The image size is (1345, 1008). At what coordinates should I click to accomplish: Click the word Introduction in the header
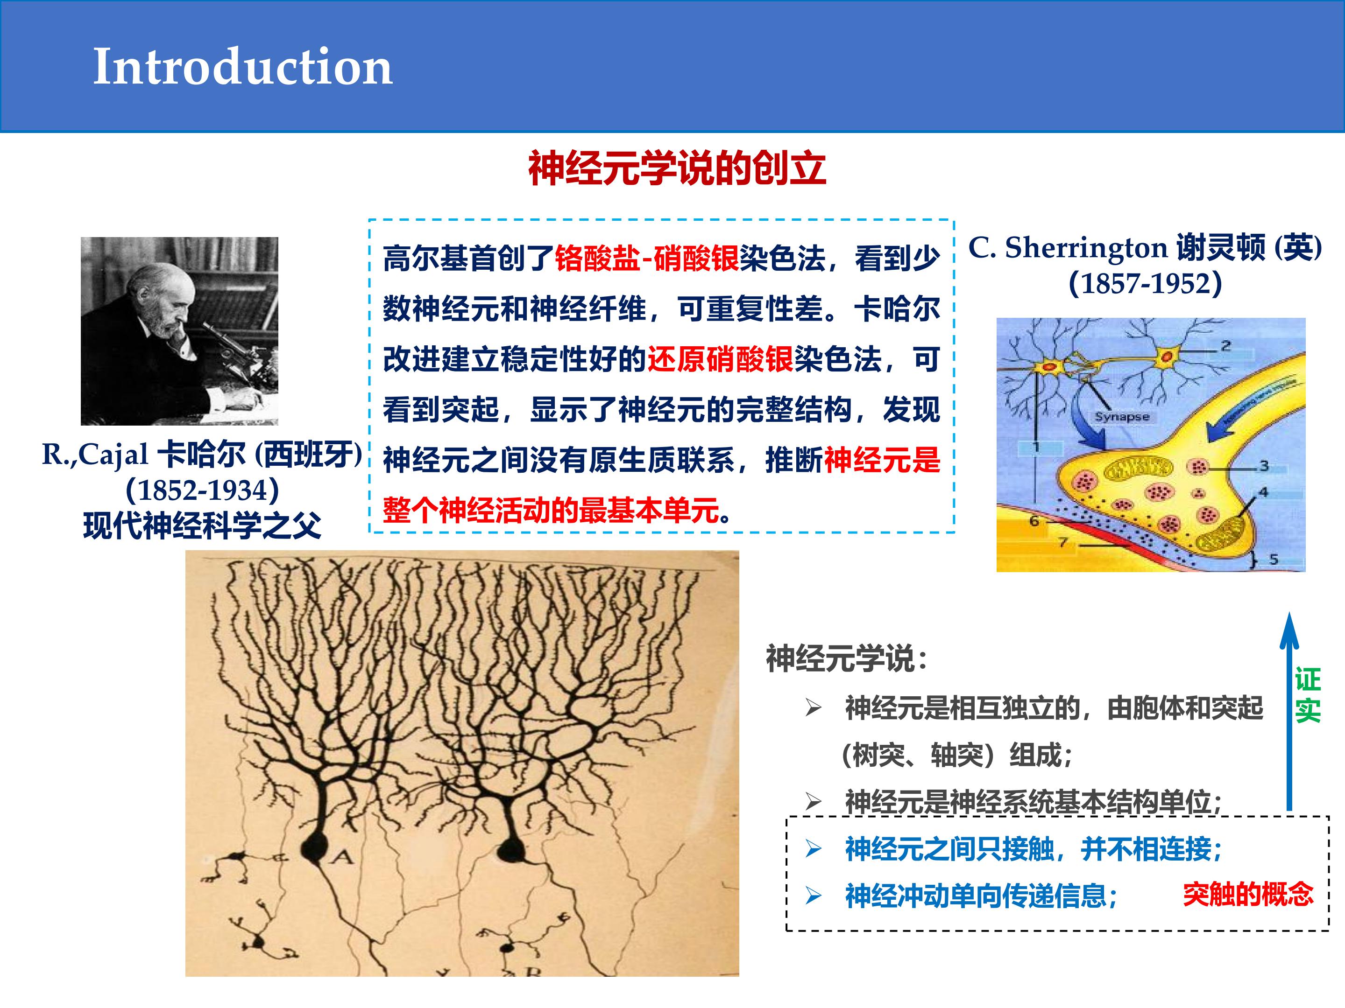click(x=242, y=66)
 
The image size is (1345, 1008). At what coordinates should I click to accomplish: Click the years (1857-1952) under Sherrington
click(x=1145, y=283)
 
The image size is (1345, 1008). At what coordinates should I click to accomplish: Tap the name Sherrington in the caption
click(x=1086, y=247)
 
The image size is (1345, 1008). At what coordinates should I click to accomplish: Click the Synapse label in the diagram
click(x=1122, y=417)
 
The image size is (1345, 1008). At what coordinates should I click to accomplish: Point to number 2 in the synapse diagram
click(x=1226, y=346)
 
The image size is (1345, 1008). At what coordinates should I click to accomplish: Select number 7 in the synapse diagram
click(x=1063, y=542)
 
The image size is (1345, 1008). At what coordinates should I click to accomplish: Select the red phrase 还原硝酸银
click(x=721, y=359)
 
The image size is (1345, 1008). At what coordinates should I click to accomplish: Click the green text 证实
click(x=1307, y=695)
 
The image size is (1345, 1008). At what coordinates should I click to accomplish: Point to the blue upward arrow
click(x=1289, y=711)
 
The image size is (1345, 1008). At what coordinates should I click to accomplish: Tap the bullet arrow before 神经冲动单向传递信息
click(x=814, y=896)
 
